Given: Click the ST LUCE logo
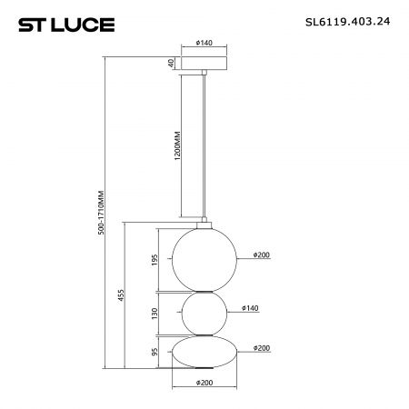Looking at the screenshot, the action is coord(66,25).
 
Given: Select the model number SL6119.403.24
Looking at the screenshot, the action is coord(347,22).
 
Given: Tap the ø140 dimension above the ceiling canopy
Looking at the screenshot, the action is coord(204,43).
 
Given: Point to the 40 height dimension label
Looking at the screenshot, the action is coord(171,63).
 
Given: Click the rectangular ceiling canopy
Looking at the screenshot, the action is coord(204,63).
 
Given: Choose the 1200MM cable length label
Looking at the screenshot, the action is coord(178,146).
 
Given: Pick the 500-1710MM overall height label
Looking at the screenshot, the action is coord(102,213).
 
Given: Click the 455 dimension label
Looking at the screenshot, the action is coord(121,295).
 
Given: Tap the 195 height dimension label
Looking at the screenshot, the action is coord(155,260).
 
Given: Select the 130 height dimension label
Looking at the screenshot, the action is coord(155,314).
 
